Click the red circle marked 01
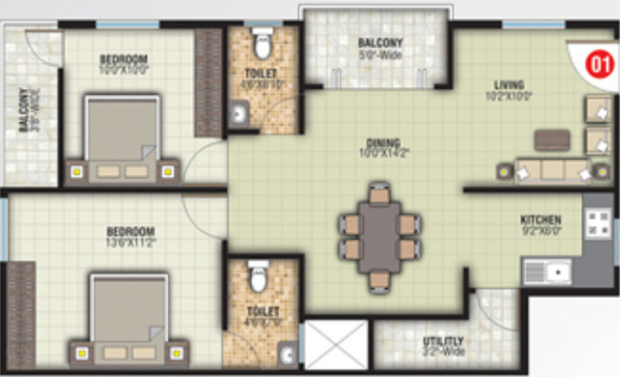coord(600,65)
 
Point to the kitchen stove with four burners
coord(598,223)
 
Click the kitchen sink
coord(547,272)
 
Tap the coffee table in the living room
coord(552,140)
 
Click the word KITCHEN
coord(541,220)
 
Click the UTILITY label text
coord(443,341)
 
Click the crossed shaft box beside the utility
coord(336,344)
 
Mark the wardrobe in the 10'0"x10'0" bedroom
coord(208,83)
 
